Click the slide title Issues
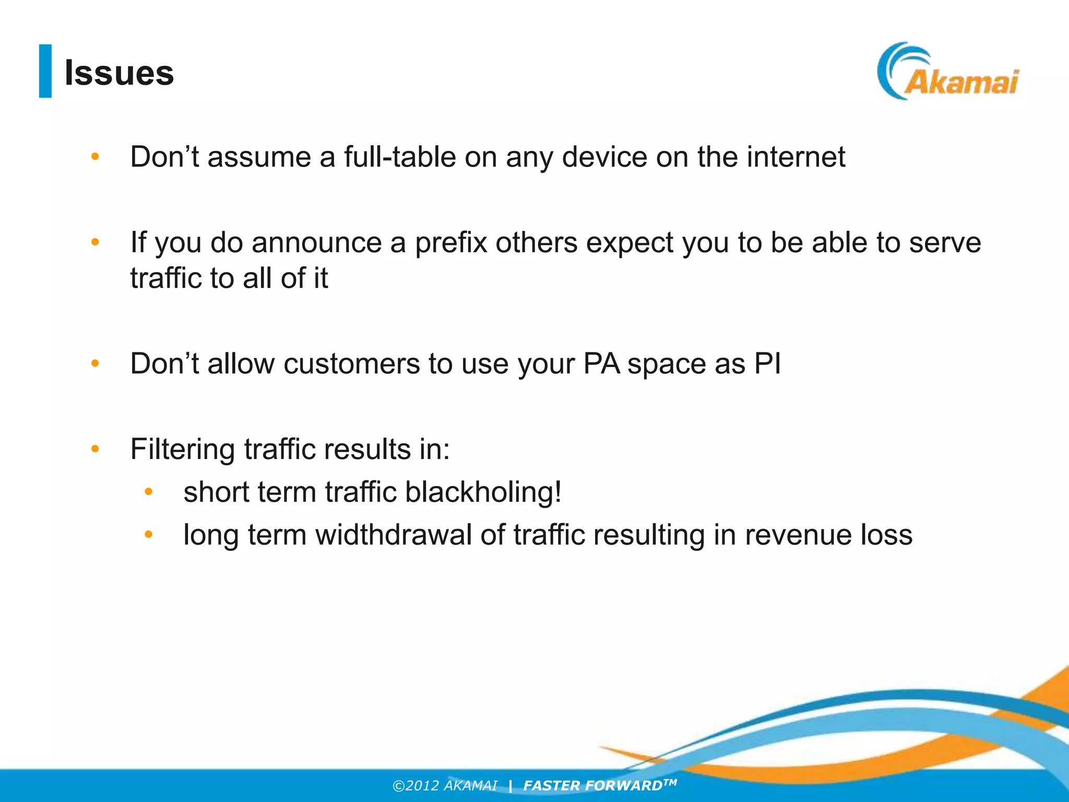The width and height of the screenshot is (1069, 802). [x=119, y=73]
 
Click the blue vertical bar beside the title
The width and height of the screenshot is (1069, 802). [x=45, y=71]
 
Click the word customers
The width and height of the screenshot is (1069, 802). [x=351, y=363]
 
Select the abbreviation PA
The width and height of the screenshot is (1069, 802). [x=601, y=363]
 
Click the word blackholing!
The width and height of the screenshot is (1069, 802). [x=483, y=492]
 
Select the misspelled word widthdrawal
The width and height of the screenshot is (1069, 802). [x=394, y=535]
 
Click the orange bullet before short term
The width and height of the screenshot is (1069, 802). [x=148, y=491]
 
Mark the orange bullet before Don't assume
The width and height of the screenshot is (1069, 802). [x=95, y=156]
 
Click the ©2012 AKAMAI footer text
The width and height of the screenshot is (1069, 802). [x=445, y=786]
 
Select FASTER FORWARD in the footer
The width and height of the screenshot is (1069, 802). [x=593, y=786]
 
